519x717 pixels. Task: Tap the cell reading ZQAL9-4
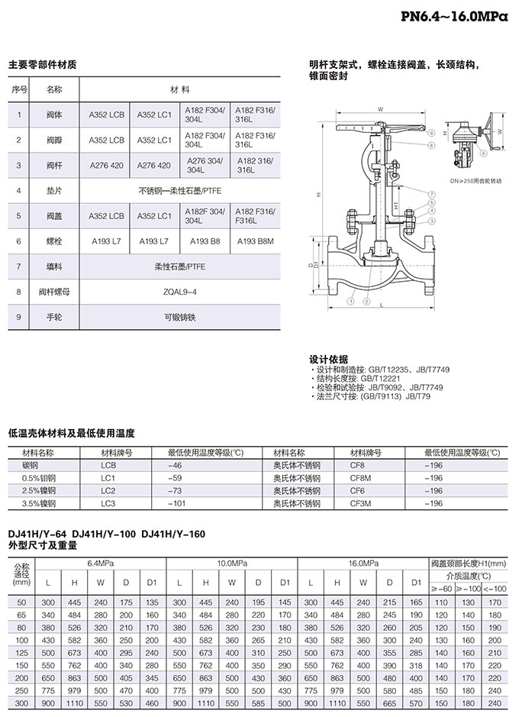pyautogui.click(x=180, y=292)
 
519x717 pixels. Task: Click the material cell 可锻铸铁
pyautogui.click(x=180, y=317)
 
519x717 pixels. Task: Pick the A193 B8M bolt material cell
pyautogui.click(x=255, y=241)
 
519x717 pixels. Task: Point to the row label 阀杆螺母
pyautogui.click(x=54, y=292)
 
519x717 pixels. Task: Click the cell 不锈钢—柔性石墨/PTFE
pyautogui.click(x=180, y=191)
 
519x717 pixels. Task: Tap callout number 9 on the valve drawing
pyautogui.click(x=431, y=132)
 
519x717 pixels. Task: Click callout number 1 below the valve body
pyautogui.click(x=349, y=302)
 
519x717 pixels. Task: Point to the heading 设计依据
pyautogui.click(x=328, y=358)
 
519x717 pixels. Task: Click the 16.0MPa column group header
pyautogui.click(x=363, y=563)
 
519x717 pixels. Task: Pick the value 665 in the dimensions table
pyautogui.click(x=390, y=702)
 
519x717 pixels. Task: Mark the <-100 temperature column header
pyautogui.click(x=495, y=589)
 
